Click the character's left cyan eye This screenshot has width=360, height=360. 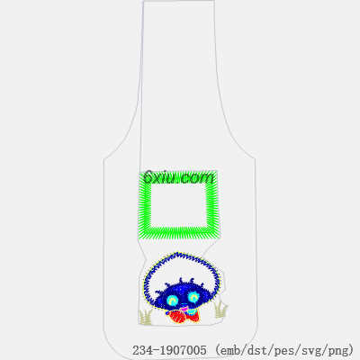(x=172, y=300)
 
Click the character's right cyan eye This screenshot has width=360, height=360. (x=193, y=297)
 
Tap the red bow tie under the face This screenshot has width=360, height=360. (x=184, y=316)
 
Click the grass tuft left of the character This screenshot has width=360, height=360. (x=146, y=317)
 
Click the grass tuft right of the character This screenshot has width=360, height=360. (x=220, y=309)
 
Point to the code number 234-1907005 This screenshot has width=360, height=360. (x=169, y=350)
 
